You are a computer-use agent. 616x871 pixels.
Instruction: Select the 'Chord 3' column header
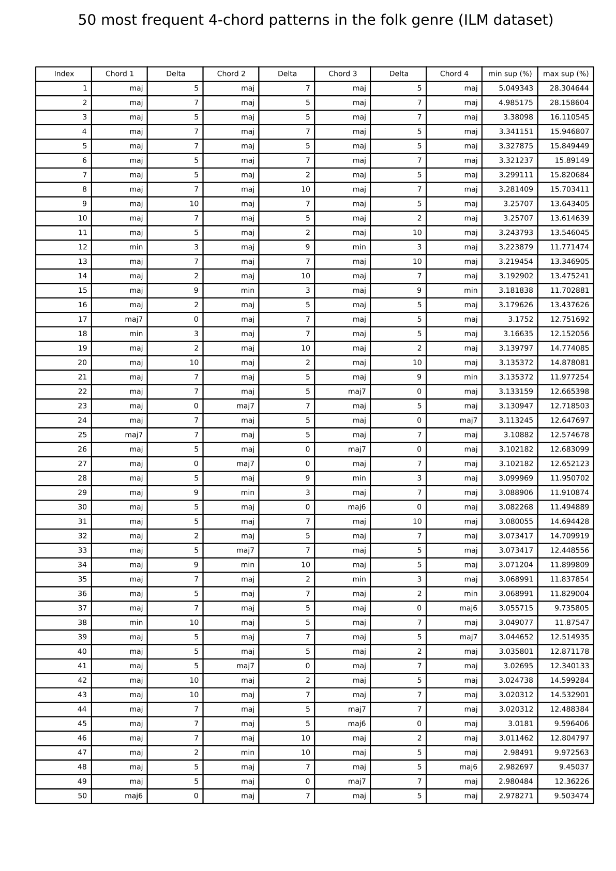(x=342, y=73)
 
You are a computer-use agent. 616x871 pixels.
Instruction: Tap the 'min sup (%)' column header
(x=509, y=73)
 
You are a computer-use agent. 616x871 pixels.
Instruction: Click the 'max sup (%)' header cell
(x=565, y=73)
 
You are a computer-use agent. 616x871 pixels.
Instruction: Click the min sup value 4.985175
(x=515, y=102)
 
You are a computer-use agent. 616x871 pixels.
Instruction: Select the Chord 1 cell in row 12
(x=136, y=247)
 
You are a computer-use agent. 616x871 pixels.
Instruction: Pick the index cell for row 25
(x=82, y=434)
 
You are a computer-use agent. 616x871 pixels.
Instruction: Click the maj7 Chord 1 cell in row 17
(x=133, y=319)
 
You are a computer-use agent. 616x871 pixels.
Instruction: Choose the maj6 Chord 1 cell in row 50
(x=133, y=795)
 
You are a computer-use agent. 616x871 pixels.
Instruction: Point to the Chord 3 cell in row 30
(x=356, y=507)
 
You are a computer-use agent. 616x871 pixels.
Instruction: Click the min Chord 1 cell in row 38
(x=136, y=622)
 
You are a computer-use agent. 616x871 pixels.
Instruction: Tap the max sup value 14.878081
(x=569, y=363)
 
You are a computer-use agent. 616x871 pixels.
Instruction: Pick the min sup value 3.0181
(x=520, y=724)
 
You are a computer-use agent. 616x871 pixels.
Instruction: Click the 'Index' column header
(x=64, y=73)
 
